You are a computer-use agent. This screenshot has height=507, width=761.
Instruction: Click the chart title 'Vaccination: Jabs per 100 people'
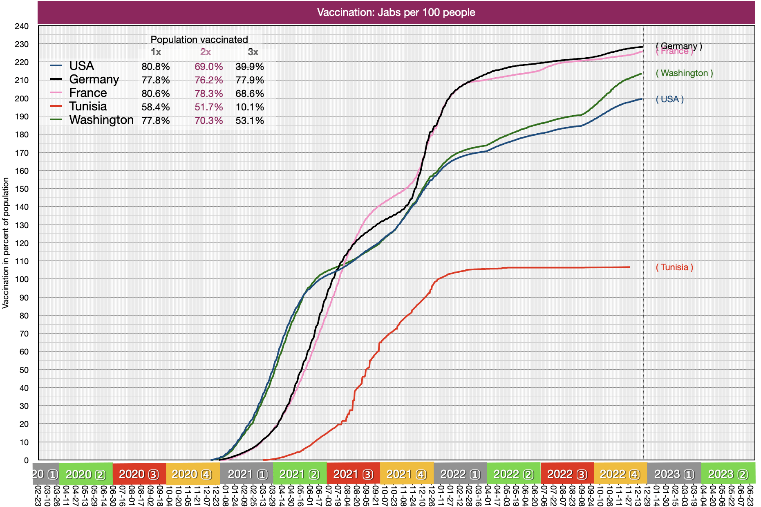[396, 12]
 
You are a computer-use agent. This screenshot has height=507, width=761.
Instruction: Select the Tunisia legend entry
[87, 106]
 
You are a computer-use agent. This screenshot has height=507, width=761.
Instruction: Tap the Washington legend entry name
[101, 120]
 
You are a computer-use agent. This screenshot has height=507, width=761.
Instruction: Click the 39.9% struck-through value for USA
[249, 66]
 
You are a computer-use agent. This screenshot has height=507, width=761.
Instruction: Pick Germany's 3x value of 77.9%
[249, 80]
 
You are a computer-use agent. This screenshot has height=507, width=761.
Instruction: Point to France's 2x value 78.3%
[208, 93]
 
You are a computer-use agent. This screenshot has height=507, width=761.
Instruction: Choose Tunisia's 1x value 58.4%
[155, 107]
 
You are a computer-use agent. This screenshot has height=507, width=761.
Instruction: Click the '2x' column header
[205, 52]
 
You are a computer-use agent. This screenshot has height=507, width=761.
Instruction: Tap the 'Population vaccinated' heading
[199, 40]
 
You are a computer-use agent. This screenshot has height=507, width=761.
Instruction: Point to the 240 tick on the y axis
[22, 26]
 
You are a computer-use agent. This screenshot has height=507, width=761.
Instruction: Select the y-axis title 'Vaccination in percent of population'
[6, 243]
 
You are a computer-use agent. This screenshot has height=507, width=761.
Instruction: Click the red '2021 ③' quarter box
[353, 474]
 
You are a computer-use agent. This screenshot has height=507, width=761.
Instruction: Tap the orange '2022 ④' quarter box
[620, 474]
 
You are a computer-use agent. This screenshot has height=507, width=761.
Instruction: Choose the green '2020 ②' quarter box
[86, 474]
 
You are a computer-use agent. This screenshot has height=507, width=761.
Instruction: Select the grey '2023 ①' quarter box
[674, 474]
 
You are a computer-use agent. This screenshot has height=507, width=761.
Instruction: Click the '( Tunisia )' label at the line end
[674, 267]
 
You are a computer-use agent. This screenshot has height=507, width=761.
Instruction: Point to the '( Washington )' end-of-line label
[684, 73]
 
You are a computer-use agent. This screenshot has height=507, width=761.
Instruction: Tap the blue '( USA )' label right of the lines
[669, 99]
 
